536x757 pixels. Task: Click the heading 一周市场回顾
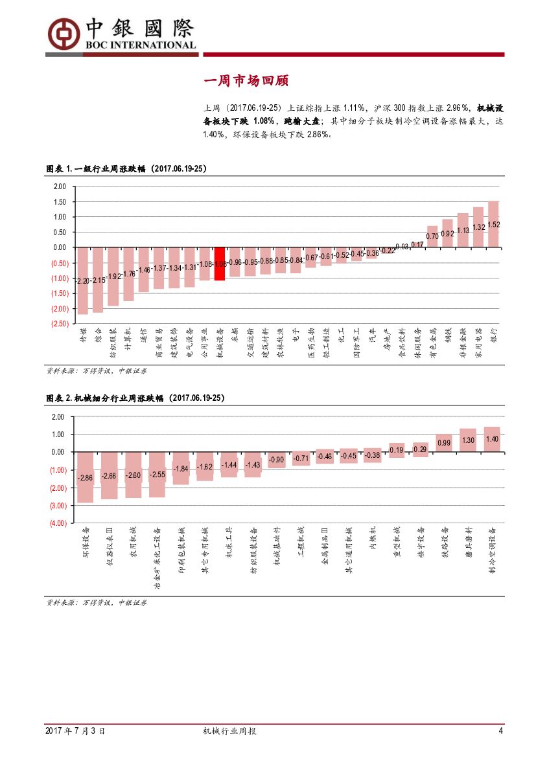pyautogui.click(x=246, y=81)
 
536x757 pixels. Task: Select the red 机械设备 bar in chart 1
pyautogui.click(x=220, y=264)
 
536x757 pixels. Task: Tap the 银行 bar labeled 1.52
pyautogui.click(x=493, y=224)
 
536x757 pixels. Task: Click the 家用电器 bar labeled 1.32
pyautogui.click(x=478, y=227)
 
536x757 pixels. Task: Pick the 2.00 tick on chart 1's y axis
pyautogui.click(x=60, y=186)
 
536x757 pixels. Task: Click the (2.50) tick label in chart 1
pyautogui.click(x=59, y=324)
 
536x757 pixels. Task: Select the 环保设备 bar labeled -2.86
pyautogui.click(x=85, y=477)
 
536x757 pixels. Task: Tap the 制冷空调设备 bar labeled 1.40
pyautogui.click(x=492, y=439)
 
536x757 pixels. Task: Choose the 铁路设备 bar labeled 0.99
pyautogui.click(x=444, y=443)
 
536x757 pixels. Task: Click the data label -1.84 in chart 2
pyautogui.click(x=181, y=468)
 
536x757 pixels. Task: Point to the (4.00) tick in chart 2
pyautogui.click(x=58, y=523)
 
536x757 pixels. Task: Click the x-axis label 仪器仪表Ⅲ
pyautogui.click(x=110, y=547)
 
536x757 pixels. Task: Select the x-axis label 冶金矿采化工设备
pyautogui.click(x=157, y=557)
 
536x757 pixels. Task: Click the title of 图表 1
pyautogui.click(x=126, y=168)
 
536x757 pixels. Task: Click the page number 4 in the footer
pyautogui.click(x=500, y=731)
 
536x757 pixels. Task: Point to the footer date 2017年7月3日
pyautogui.click(x=75, y=731)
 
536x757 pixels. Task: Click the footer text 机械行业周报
pyautogui.click(x=229, y=731)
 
